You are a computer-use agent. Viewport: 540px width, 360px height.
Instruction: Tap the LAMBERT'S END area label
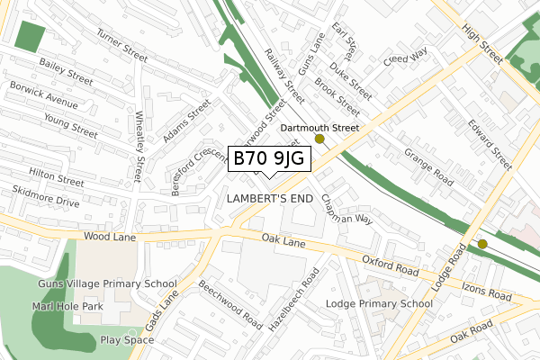click(269, 198)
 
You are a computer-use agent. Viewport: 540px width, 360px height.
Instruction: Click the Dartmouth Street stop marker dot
click(319, 139)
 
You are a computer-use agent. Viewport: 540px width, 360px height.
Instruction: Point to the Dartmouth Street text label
click(319, 128)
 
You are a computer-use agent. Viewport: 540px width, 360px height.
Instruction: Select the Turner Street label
click(121, 47)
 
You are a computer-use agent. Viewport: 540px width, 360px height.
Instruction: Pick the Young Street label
click(70, 125)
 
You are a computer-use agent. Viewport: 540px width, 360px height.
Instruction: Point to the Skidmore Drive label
click(47, 196)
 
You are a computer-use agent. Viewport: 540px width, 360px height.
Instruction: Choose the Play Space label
click(128, 340)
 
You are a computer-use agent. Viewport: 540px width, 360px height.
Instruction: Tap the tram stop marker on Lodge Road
click(482, 243)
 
